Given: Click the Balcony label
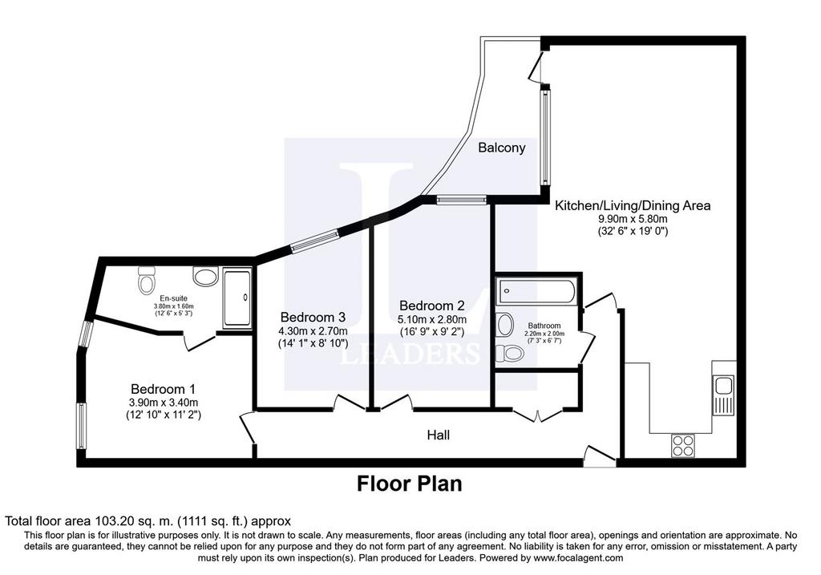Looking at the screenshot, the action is (x=501, y=148).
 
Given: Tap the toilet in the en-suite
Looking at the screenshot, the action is (x=147, y=280).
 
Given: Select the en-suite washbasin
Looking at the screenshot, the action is (x=205, y=276).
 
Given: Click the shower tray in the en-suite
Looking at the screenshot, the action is (x=237, y=298).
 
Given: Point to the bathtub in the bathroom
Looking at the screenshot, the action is (x=538, y=291).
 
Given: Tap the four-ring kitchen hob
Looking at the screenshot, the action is (x=683, y=446).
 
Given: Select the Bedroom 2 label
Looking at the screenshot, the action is (x=431, y=306).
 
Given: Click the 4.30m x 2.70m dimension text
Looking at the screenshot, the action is (x=313, y=331).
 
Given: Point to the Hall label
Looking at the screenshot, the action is (x=439, y=435).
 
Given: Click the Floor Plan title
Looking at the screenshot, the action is (x=410, y=484).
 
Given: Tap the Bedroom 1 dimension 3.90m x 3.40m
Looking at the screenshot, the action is (x=164, y=403).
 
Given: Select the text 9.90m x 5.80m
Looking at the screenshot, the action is (x=633, y=219).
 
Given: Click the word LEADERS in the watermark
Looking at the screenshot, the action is (x=410, y=354).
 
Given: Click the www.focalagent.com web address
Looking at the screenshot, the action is (x=578, y=557).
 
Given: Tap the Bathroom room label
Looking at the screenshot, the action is (x=544, y=326).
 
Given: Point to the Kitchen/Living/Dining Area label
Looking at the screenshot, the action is (x=633, y=205).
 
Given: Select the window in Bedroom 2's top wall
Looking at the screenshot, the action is (x=462, y=199).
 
